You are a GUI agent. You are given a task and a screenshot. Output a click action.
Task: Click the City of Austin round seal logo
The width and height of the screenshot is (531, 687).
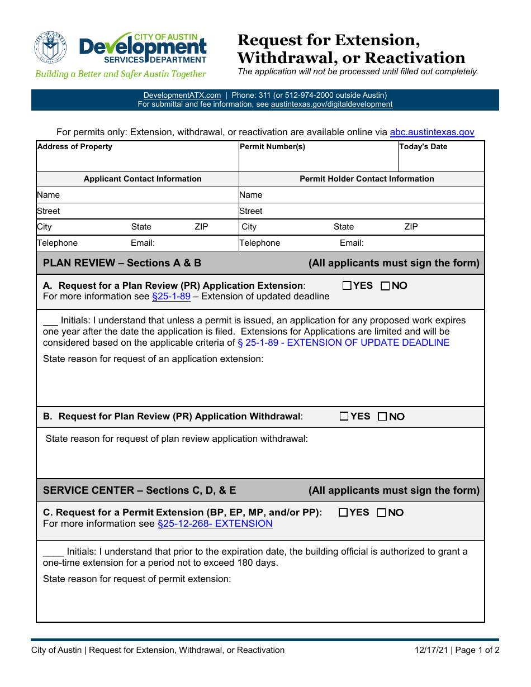click(50, 47)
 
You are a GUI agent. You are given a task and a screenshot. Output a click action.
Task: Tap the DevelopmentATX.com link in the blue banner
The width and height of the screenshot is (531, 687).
click(182, 96)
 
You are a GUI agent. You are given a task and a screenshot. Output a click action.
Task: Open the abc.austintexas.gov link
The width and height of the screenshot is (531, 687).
click(432, 132)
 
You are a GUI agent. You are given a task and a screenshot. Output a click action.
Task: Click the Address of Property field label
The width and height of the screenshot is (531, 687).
click(74, 147)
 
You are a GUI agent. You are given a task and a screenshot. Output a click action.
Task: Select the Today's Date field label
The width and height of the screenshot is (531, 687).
click(423, 147)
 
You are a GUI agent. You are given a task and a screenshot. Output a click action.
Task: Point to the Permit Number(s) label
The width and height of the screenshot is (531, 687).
click(272, 147)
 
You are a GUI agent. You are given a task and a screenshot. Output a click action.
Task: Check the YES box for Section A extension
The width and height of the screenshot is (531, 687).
click(347, 286)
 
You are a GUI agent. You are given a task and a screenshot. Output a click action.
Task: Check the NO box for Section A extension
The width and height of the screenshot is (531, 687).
click(385, 286)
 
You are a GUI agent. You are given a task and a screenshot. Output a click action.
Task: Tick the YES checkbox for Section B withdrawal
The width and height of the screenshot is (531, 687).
click(344, 416)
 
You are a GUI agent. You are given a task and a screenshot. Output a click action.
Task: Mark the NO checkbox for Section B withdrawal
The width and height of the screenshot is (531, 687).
click(382, 417)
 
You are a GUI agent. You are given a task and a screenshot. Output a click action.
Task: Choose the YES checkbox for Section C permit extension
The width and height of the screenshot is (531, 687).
click(343, 513)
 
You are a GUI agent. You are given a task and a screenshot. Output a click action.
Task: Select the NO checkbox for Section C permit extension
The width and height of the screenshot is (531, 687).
click(381, 513)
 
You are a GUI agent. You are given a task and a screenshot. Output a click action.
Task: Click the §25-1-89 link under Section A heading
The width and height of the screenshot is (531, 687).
click(171, 297)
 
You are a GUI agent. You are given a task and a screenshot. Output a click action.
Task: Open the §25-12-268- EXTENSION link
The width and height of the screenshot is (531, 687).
click(215, 524)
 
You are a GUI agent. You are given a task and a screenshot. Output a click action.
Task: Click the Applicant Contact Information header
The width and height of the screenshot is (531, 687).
click(143, 179)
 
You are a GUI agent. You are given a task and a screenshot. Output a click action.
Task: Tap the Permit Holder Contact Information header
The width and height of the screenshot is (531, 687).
click(367, 179)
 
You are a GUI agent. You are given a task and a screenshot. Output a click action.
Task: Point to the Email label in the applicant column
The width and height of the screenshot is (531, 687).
click(143, 243)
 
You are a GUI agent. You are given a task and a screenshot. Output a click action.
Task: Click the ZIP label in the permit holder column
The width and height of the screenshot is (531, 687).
click(411, 227)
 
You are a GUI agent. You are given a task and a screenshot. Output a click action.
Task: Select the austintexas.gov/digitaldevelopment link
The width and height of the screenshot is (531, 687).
click(331, 104)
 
